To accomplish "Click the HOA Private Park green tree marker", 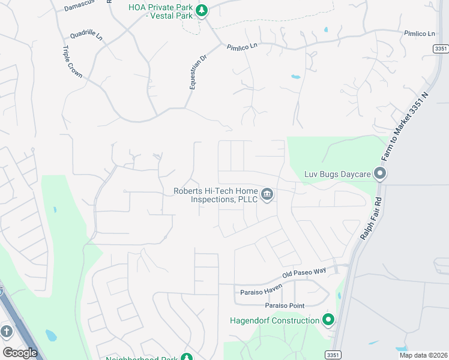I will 202,10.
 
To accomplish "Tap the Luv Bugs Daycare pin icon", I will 379,174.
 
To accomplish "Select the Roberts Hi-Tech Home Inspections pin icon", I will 267,194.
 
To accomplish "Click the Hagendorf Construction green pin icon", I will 328,320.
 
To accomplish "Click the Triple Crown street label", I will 72,62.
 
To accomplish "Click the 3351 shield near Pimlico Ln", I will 440,49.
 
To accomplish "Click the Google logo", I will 20,353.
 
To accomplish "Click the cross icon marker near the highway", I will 7,331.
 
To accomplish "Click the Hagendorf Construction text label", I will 275,320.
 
